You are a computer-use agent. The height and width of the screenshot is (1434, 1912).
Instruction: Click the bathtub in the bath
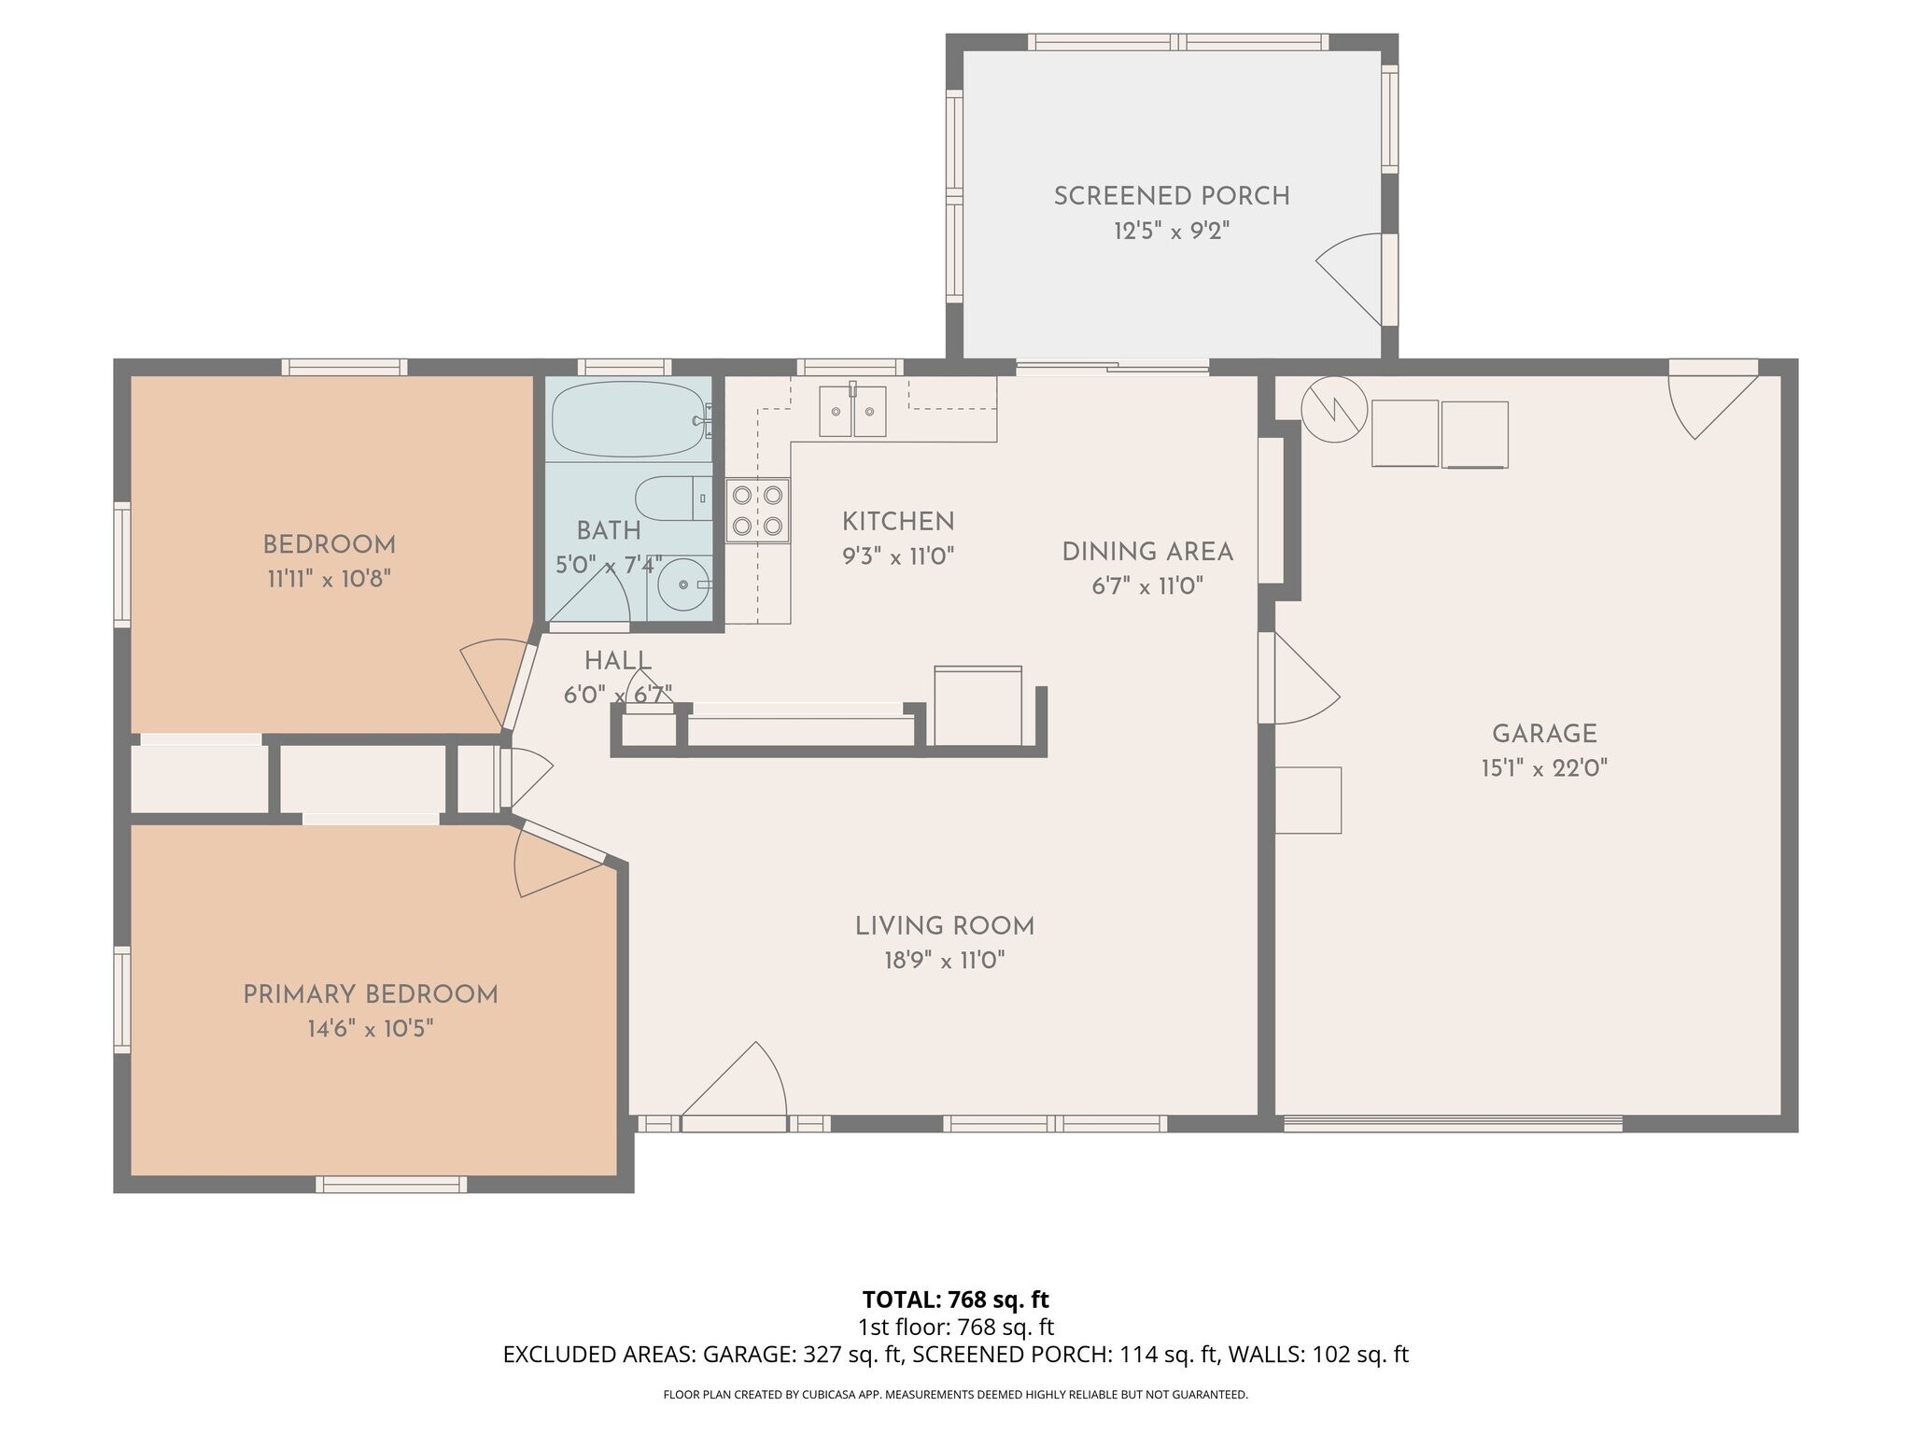[627, 419]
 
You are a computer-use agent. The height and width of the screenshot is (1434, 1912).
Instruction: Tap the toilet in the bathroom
[672, 499]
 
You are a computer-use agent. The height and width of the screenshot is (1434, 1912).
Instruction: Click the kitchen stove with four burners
[757, 511]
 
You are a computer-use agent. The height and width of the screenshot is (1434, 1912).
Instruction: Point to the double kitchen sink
[851, 412]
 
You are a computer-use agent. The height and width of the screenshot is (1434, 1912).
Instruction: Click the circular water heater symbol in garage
[1334, 409]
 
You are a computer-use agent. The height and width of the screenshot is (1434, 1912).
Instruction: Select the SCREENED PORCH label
[1172, 197]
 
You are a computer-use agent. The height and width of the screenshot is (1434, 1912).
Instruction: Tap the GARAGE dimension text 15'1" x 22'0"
[1544, 768]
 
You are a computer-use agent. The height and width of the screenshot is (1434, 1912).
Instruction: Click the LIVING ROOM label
[945, 926]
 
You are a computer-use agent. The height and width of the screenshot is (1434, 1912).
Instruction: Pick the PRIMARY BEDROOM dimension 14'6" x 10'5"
[371, 1029]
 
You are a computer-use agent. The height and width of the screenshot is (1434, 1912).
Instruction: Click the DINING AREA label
[1147, 552]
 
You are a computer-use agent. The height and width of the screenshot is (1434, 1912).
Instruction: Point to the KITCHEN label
[898, 522]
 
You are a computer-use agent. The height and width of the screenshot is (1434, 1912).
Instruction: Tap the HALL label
[617, 661]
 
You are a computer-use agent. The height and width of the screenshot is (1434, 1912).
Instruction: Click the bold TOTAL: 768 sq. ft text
[955, 1299]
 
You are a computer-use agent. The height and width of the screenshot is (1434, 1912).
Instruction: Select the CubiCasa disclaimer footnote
[955, 1395]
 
